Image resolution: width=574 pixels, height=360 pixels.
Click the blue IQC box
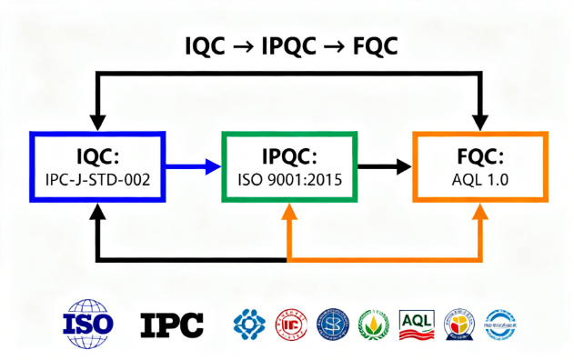(x=97, y=167)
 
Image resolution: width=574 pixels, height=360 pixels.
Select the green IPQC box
(x=289, y=167)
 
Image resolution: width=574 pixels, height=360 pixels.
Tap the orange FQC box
(x=481, y=167)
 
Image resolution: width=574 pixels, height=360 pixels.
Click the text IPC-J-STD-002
(x=97, y=180)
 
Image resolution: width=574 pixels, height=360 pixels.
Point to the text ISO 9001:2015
(x=289, y=180)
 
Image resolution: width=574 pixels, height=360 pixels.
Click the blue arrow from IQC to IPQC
(x=193, y=166)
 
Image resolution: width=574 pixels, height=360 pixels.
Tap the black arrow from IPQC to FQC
(x=385, y=166)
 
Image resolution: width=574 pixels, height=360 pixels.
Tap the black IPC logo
(x=172, y=323)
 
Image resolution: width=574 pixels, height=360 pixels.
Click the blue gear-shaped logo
(x=249, y=324)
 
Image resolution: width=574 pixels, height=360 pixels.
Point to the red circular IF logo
(x=291, y=324)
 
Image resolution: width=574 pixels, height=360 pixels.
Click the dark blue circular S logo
(x=332, y=324)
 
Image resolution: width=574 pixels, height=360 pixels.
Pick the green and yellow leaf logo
(x=374, y=324)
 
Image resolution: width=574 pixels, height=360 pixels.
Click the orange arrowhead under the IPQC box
(x=288, y=212)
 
